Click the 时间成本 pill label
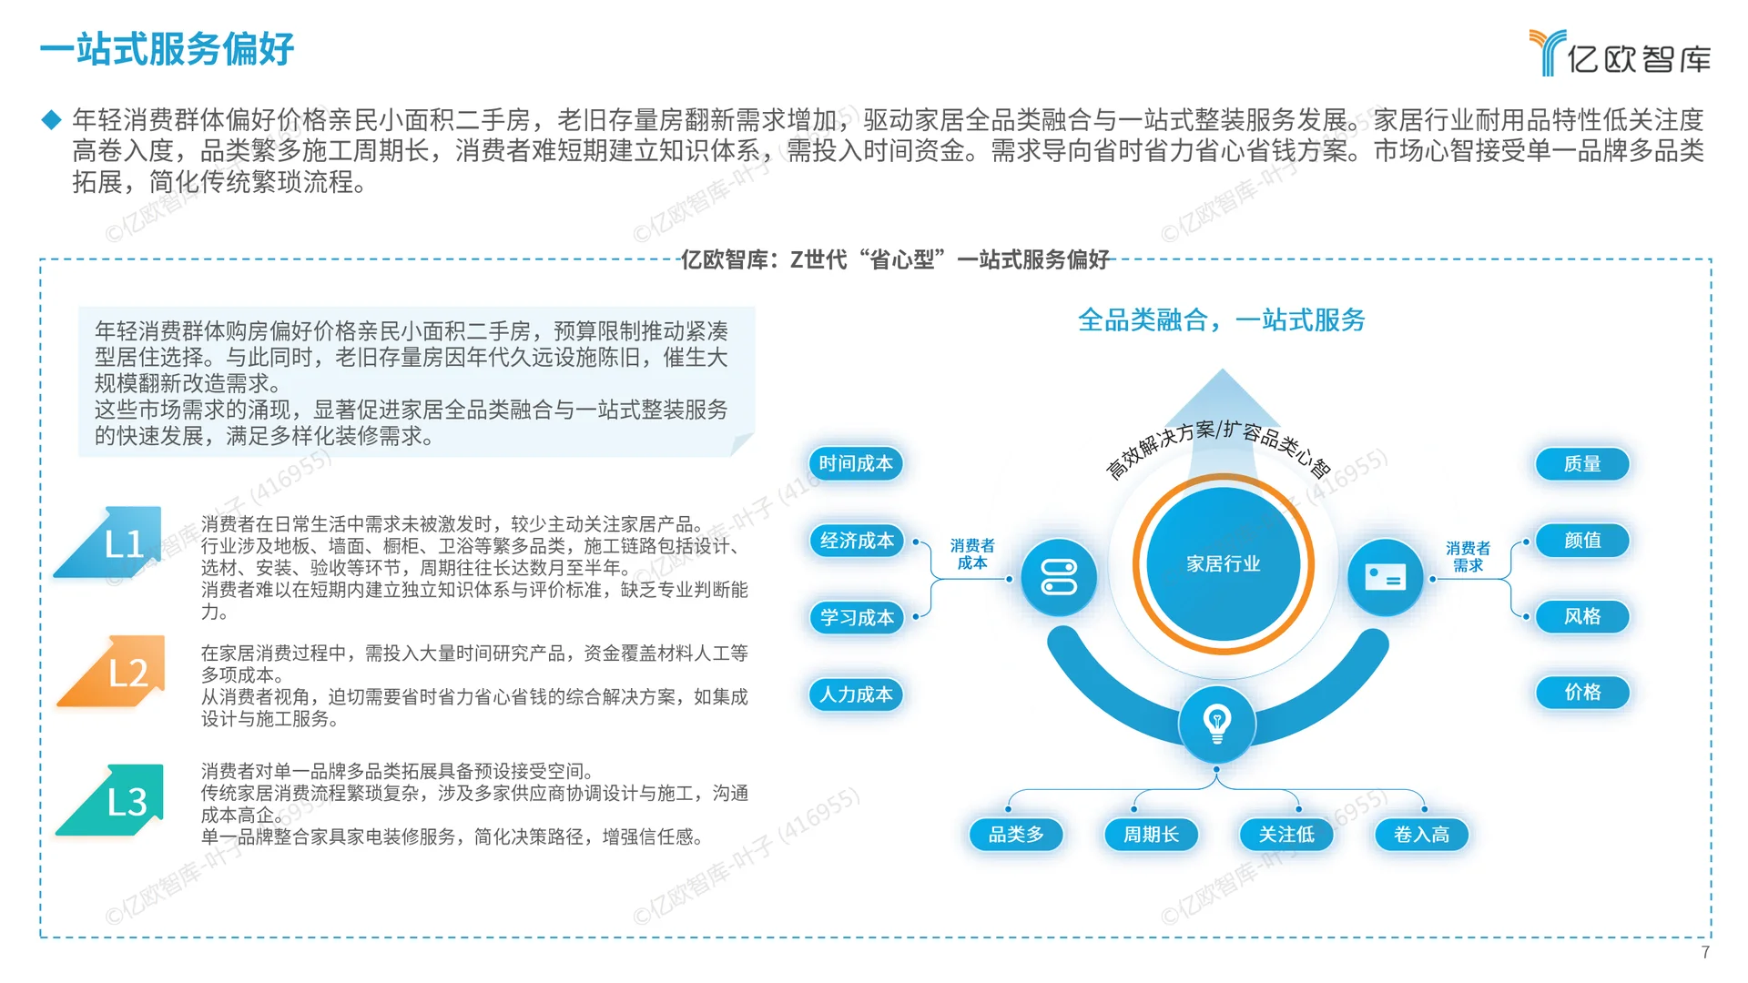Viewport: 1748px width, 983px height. click(x=856, y=463)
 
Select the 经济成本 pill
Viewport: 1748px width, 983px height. click(x=857, y=541)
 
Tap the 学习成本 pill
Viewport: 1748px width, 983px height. click(x=857, y=617)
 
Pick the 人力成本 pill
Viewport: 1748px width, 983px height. click(x=856, y=694)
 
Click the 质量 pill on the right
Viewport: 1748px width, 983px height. click(x=1581, y=463)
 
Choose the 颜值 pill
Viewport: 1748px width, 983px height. click(x=1581, y=540)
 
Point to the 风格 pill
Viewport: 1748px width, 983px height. click(x=1581, y=616)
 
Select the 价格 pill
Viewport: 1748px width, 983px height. click(x=1581, y=692)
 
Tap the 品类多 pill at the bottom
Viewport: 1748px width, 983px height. click(x=1016, y=834)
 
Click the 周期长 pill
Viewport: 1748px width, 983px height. click(x=1151, y=834)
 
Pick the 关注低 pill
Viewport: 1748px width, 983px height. click(x=1286, y=834)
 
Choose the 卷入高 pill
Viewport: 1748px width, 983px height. click(x=1421, y=834)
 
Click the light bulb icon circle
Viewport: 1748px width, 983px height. click(x=1216, y=725)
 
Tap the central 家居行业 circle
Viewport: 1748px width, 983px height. click(x=1223, y=563)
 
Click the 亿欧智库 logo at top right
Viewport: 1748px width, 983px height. click(x=1620, y=55)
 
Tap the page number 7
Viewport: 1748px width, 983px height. click(x=1705, y=952)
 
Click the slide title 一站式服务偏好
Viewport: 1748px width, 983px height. click(x=168, y=49)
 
